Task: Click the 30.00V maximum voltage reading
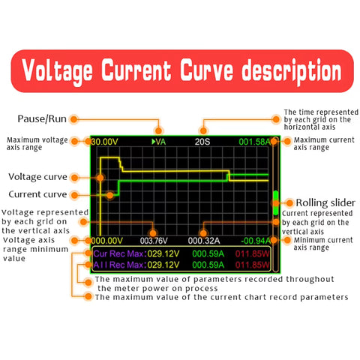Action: (x=104, y=142)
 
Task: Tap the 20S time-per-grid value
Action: (x=202, y=142)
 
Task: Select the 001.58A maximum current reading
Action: (x=254, y=142)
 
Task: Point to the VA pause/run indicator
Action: (x=159, y=142)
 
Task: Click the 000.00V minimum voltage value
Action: (x=107, y=241)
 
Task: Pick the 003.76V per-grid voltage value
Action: (x=154, y=241)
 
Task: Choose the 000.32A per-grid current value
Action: (x=204, y=241)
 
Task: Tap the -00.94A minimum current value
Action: (x=256, y=241)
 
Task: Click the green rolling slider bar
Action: (x=276, y=202)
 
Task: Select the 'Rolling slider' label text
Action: (x=325, y=202)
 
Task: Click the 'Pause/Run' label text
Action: (x=42, y=119)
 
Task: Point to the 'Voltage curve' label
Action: (x=37, y=177)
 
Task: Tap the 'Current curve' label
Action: (x=37, y=194)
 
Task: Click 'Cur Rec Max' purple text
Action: (x=118, y=253)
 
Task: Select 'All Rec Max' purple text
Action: (x=118, y=265)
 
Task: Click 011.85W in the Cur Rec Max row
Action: (x=253, y=253)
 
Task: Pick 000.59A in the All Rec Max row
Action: (x=208, y=265)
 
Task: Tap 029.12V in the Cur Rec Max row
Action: (x=163, y=253)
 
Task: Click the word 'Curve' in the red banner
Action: (x=207, y=70)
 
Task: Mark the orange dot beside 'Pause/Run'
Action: (x=73, y=119)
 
